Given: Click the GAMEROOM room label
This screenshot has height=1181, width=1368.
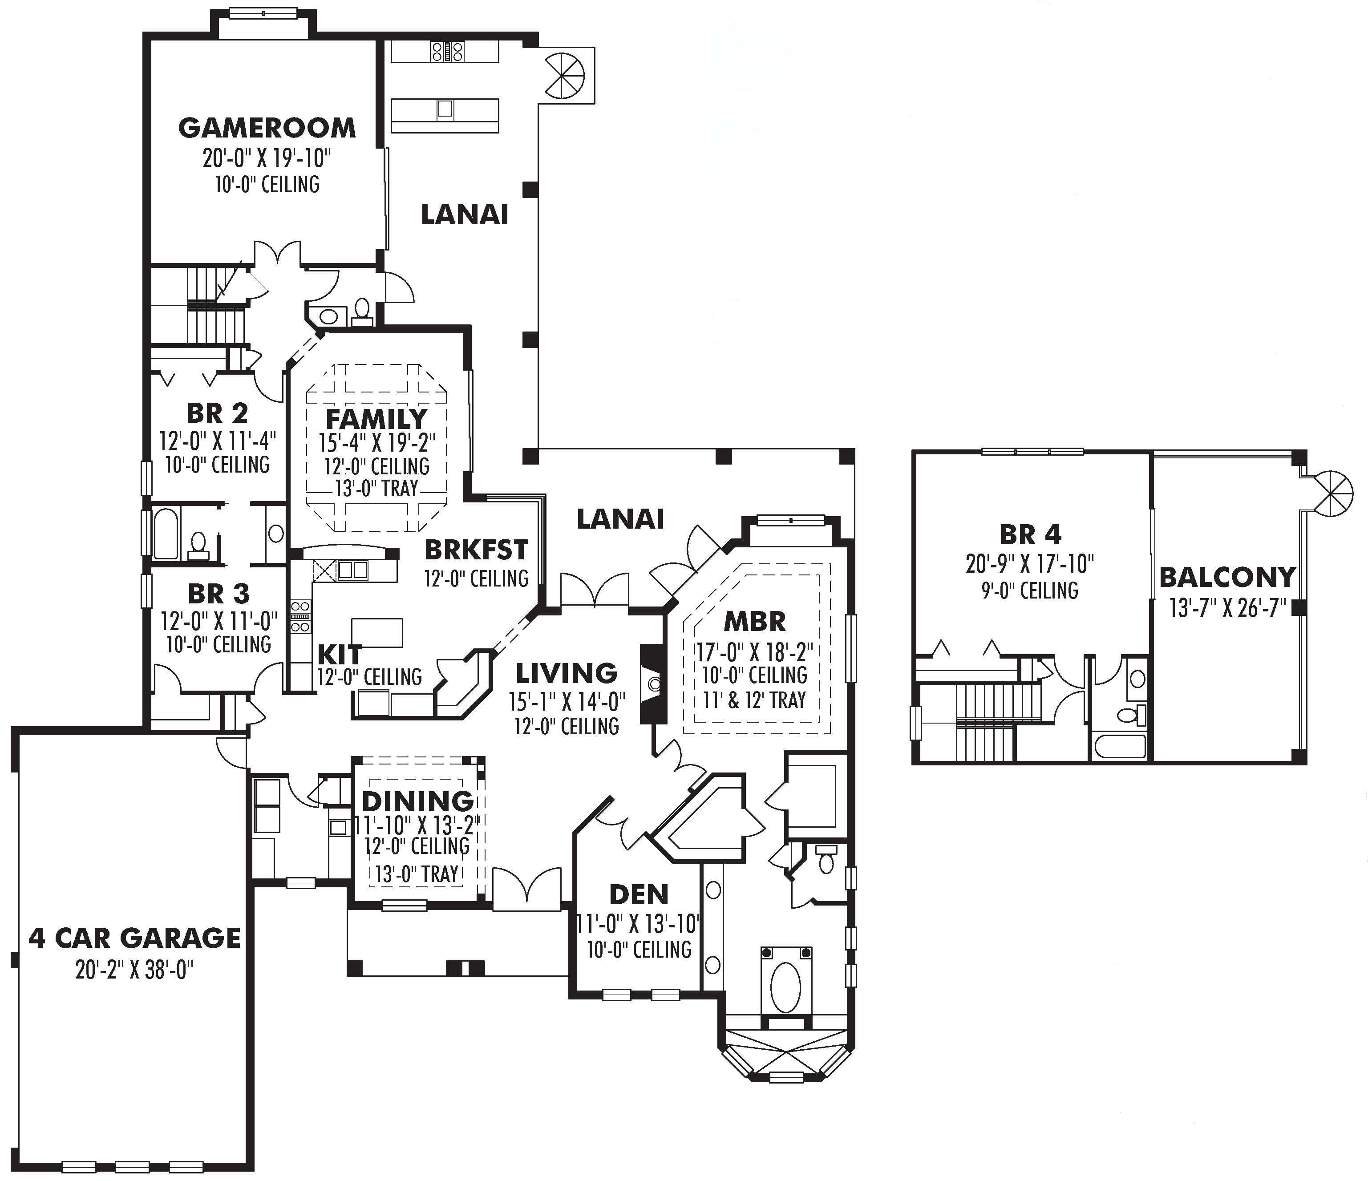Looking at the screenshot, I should click(267, 127).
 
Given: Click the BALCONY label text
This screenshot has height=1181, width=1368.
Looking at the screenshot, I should click(1227, 577).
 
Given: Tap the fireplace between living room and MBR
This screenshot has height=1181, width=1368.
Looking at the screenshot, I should click(653, 684).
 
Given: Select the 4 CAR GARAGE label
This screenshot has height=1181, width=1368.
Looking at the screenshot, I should click(135, 938).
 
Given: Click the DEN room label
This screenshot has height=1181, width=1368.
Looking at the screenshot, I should click(639, 894).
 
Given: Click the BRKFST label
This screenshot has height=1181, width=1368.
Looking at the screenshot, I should click(476, 549).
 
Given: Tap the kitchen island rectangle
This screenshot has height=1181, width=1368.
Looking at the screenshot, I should click(377, 632).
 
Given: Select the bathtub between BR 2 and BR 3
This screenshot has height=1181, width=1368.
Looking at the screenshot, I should click(166, 534).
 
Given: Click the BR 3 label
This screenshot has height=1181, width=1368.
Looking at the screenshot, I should click(219, 594).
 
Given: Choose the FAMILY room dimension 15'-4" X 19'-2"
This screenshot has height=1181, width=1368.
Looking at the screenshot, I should click(377, 443).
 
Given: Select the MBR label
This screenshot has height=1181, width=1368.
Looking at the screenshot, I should click(755, 621).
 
